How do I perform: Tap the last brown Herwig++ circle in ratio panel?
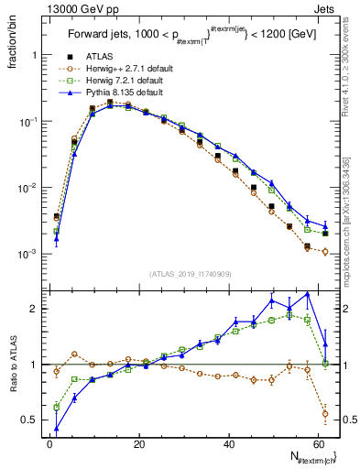click(x=325, y=412)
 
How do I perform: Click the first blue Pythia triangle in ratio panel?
click(x=57, y=428)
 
